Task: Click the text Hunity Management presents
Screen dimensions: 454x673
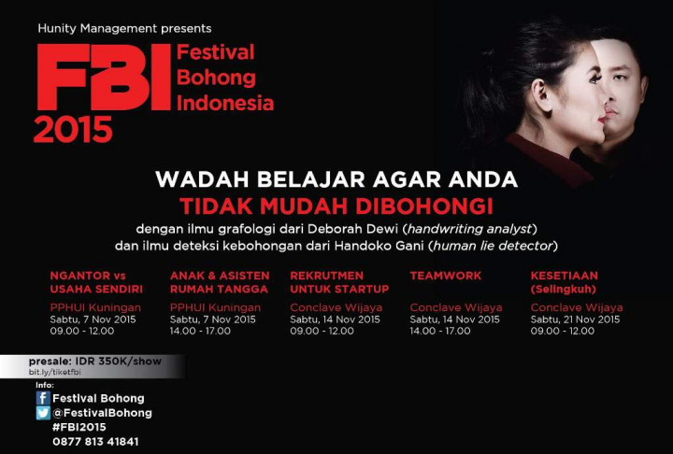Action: coord(124,28)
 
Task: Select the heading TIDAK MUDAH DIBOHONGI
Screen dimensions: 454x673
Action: coord(336,205)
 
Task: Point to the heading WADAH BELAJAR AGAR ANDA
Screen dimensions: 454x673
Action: coord(336,179)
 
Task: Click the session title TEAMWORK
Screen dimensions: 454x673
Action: coord(445,276)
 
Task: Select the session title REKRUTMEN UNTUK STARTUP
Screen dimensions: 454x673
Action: coord(339,282)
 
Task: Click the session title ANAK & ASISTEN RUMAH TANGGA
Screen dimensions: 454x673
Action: coord(220,282)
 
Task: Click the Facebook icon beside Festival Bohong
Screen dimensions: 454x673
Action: coord(43,398)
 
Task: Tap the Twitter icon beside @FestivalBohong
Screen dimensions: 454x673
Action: coord(43,413)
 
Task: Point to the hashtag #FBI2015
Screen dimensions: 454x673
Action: coord(79,427)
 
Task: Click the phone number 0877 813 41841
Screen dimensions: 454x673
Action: coord(95,442)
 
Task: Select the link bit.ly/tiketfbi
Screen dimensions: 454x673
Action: coord(55,372)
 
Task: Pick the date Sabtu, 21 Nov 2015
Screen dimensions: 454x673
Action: coord(575,319)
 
